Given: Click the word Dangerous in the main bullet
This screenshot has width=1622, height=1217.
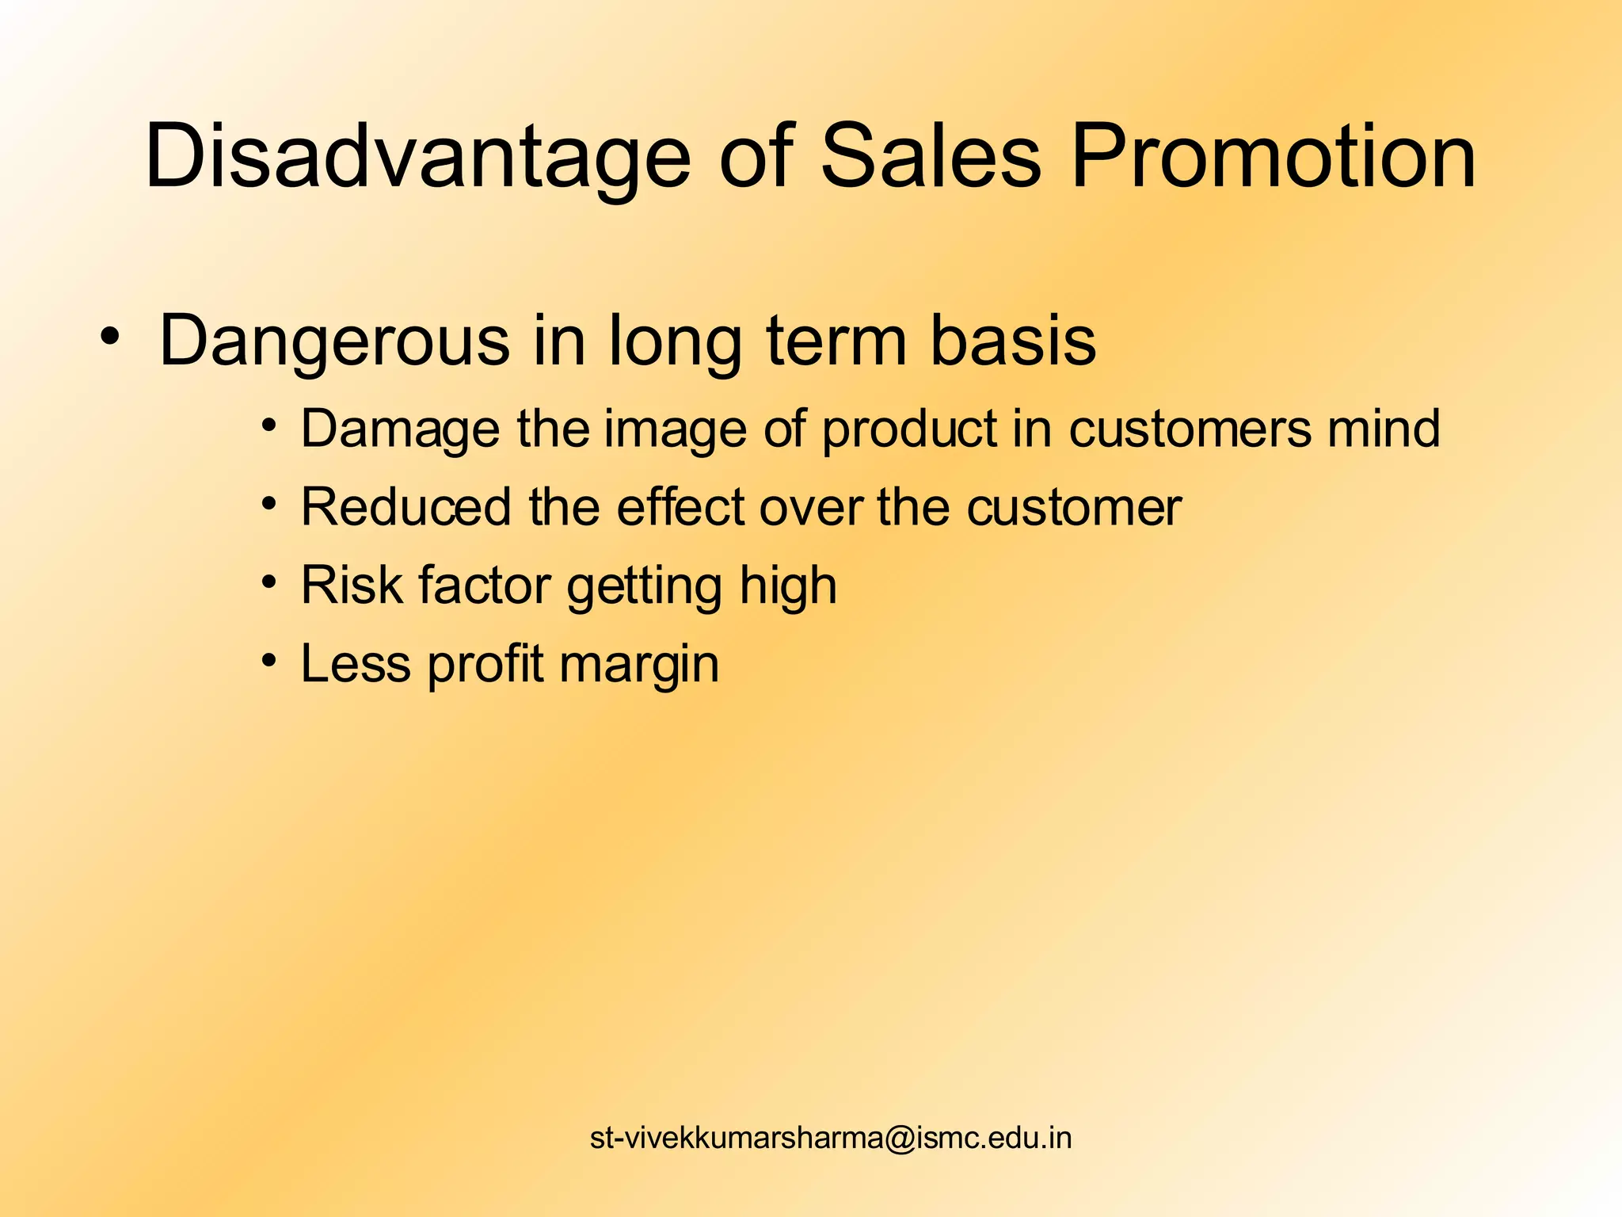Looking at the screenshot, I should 333,342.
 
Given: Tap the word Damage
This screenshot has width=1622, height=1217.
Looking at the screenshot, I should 400,430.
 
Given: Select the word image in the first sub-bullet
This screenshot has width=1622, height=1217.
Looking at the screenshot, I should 675,430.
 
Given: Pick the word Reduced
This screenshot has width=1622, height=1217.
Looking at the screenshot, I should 406,507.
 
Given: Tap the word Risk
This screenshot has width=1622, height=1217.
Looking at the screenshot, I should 352,586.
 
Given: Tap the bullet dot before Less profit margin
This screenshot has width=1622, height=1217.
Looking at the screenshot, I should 270,660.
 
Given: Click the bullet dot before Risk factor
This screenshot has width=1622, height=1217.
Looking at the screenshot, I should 270,582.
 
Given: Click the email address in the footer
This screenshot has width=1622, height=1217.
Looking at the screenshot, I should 831,1138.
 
